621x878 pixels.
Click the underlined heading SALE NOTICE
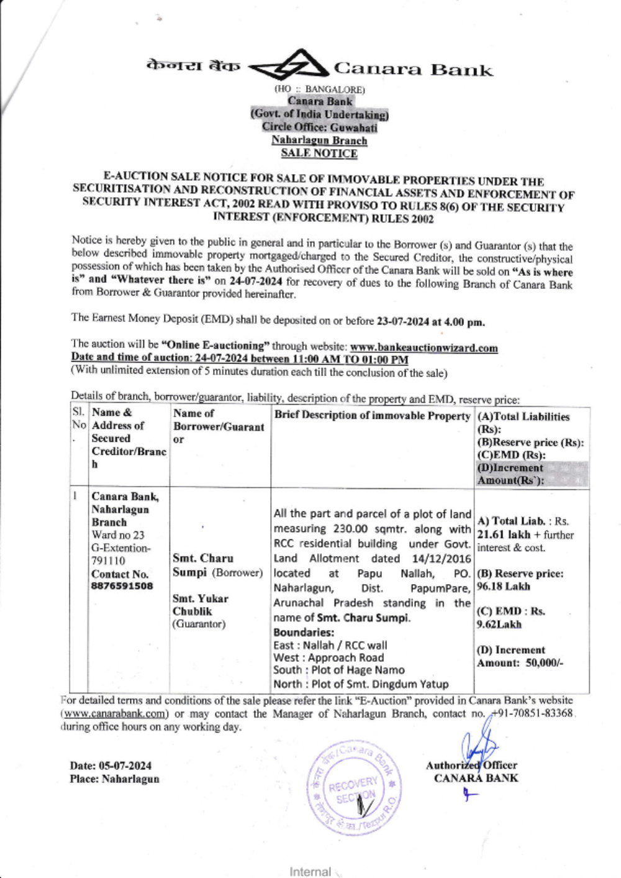pos(319,153)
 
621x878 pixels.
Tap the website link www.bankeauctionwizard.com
pos(424,348)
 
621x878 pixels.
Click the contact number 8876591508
pos(122,586)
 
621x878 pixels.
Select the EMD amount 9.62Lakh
pos(499,624)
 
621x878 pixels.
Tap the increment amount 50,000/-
pos(545,663)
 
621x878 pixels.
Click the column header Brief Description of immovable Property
pos(372,416)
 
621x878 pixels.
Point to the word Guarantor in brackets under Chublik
pos(199,624)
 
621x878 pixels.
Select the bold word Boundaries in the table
pos(304,633)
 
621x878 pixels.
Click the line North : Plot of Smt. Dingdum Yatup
pos(361,684)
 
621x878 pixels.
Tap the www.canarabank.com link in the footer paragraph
pos(115,714)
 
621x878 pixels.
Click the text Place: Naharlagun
pos(114,779)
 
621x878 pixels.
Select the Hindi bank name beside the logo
pos(193,65)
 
